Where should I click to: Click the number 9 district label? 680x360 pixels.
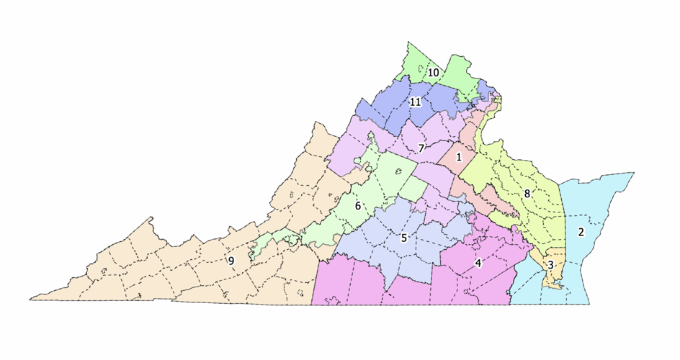[231, 260]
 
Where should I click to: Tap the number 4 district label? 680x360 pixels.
[478, 263]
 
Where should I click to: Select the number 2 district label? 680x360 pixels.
[581, 233]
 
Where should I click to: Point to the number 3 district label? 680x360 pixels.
[550, 266]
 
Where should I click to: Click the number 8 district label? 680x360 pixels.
[527, 194]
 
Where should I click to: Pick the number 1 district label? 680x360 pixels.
[458, 157]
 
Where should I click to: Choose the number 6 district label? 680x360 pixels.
[357, 206]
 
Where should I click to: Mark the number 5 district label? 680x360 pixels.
[404, 238]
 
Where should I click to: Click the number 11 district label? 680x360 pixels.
[415, 102]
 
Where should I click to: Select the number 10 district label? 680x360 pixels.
[434, 73]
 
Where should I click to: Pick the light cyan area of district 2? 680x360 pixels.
[598, 202]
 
